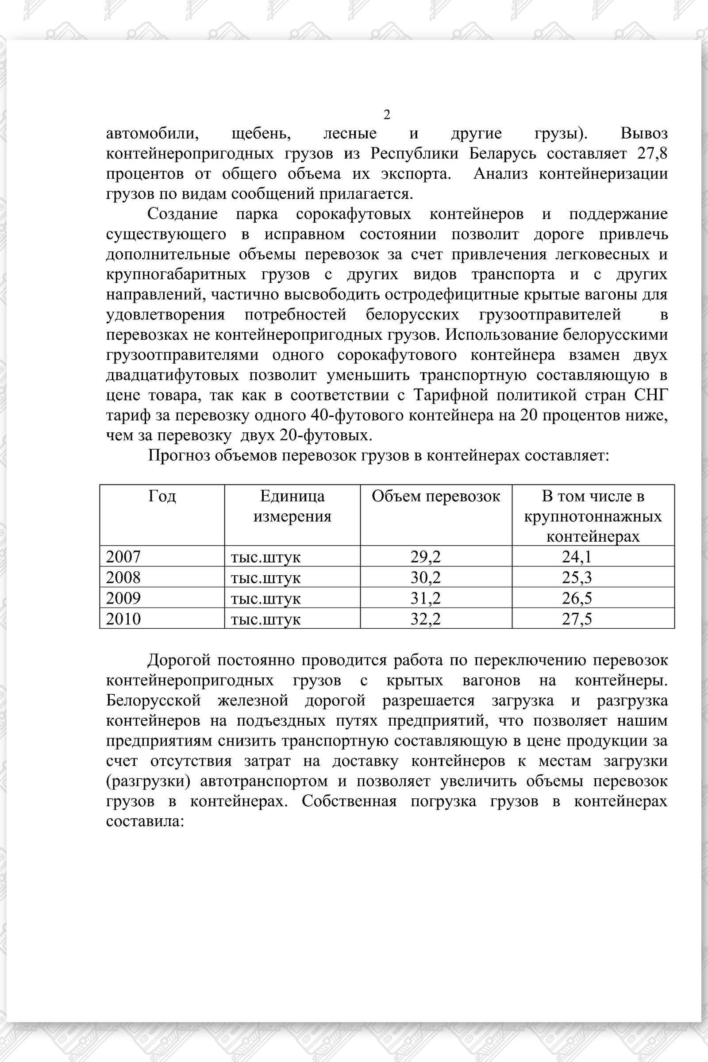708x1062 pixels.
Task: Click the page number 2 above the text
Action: coord(386,115)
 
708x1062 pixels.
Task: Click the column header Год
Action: coord(162,496)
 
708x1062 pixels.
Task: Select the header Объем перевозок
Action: coord(436,496)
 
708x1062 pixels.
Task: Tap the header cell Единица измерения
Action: coord(292,506)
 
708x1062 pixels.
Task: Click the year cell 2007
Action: coord(123,556)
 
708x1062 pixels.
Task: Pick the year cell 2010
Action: coord(123,619)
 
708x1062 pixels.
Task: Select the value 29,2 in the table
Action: coord(425,557)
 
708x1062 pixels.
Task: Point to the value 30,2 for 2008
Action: coord(425,577)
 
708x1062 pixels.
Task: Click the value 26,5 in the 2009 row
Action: coord(577,598)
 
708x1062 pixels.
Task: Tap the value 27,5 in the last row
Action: coord(577,619)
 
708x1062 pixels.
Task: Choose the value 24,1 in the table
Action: coord(577,557)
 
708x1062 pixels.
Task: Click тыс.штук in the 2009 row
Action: coord(265,599)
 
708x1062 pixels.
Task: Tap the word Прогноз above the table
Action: coord(179,456)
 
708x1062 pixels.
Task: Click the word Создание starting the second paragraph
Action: coord(182,214)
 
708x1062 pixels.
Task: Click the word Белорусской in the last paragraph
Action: coord(153,700)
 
